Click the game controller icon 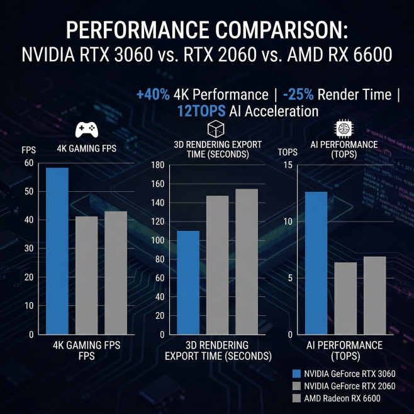(x=86, y=130)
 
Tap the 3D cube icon (x=216, y=130)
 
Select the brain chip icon (x=344, y=128)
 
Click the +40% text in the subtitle (x=153, y=95)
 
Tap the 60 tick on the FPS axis (x=28, y=163)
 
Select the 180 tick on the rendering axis (x=157, y=165)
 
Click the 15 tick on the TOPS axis (x=288, y=165)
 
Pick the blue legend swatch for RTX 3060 (x=298, y=374)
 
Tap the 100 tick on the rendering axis (x=157, y=240)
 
